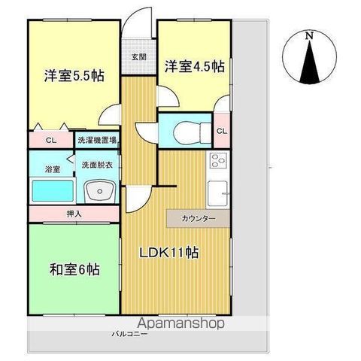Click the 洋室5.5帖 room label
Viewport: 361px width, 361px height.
74,75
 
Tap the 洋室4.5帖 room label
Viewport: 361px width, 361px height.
195,66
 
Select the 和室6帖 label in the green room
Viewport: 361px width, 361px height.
74,270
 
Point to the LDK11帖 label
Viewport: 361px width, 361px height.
169,253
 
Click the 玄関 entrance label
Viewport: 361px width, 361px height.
139,57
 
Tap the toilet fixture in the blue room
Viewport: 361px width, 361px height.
193,132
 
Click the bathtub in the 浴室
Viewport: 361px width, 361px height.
53,191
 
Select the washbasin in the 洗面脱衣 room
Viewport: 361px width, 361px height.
100,193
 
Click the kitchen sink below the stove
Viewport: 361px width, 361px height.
218,193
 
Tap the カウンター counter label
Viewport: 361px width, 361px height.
199,219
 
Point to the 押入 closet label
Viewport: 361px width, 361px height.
74,214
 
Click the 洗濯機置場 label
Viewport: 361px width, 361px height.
97,140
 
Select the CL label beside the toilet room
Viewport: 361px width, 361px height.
222,131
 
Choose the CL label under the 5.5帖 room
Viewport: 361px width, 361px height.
51,140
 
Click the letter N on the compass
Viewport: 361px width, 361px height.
310,36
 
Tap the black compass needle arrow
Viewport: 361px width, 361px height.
310,62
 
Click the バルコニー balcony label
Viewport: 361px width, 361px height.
129,334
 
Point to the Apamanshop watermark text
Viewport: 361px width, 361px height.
180,323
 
